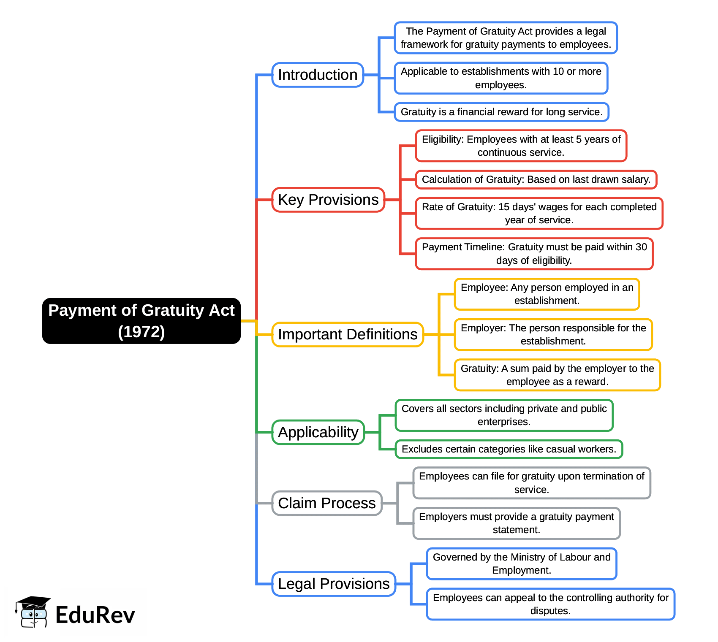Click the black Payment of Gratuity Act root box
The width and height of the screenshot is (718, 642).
(141, 321)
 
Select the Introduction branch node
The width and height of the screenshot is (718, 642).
(318, 75)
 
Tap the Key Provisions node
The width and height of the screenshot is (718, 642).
(328, 200)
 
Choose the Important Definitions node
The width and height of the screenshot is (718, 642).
(347, 334)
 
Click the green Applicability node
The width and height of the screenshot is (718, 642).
(318, 432)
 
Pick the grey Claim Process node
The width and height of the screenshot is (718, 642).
(326, 503)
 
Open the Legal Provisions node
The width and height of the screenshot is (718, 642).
(334, 584)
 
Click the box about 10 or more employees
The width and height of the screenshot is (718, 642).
(501, 78)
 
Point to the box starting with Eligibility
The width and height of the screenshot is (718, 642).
(521, 146)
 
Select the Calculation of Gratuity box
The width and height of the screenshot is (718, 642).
(536, 179)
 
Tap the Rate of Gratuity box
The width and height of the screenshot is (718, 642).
(539, 213)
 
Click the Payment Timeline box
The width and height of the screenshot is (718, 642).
(534, 254)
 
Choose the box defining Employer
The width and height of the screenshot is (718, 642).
(553, 334)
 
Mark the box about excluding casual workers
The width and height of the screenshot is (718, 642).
(509, 449)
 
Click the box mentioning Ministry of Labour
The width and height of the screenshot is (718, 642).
(522, 563)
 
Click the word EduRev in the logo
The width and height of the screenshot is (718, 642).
(95, 615)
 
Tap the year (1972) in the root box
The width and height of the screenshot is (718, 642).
(141, 332)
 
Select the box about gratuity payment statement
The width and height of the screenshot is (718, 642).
(517, 523)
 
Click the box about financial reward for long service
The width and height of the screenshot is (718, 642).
(501, 112)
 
